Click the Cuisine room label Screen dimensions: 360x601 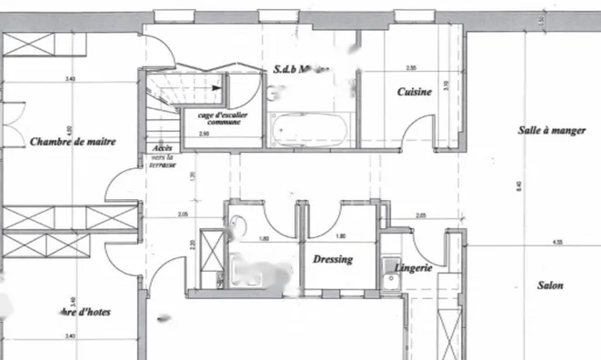click(x=413, y=92)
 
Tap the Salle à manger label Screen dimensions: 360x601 click(x=552, y=131)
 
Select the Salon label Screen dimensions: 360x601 click(x=550, y=285)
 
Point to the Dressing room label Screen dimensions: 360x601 click(x=333, y=259)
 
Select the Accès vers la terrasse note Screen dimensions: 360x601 click(x=164, y=154)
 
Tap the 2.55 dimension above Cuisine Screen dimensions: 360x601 click(x=411, y=68)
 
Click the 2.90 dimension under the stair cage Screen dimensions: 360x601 click(x=191, y=135)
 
